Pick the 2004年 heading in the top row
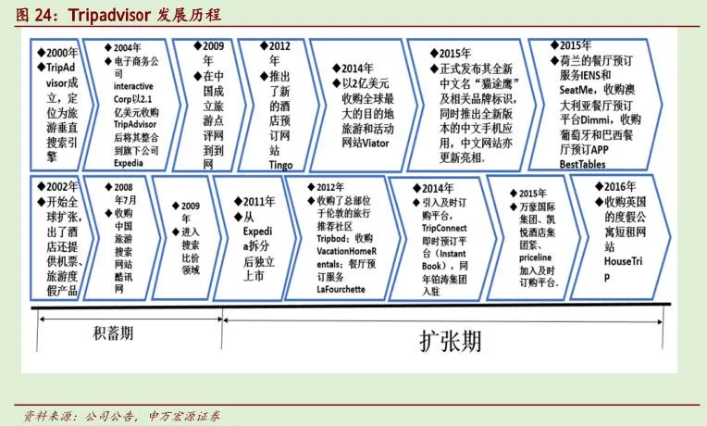[128, 47]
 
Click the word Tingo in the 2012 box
[283, 164]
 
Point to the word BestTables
[591, 162]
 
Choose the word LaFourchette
[349, 289]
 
